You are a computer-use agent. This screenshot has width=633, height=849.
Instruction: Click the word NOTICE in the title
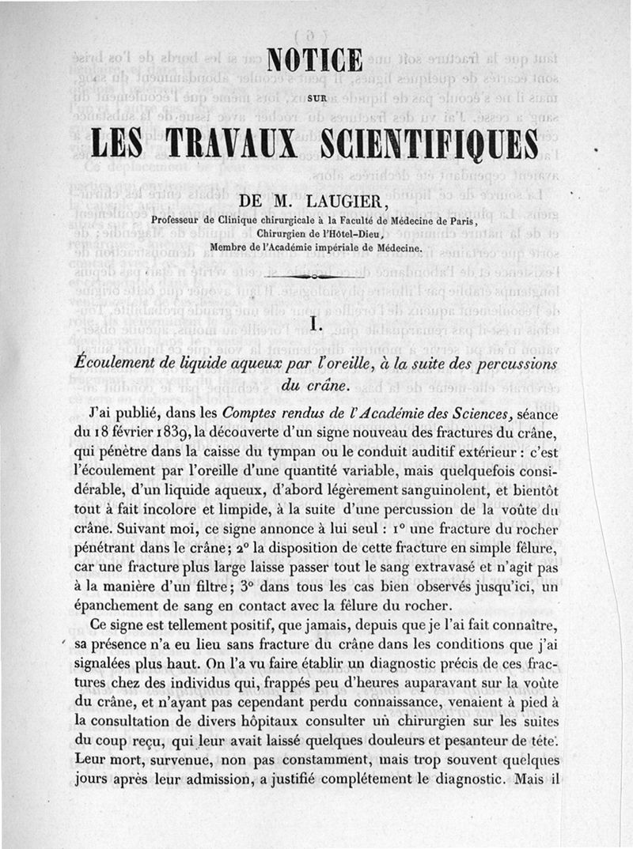315,62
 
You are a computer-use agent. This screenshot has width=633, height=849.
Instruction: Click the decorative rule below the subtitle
316,277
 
